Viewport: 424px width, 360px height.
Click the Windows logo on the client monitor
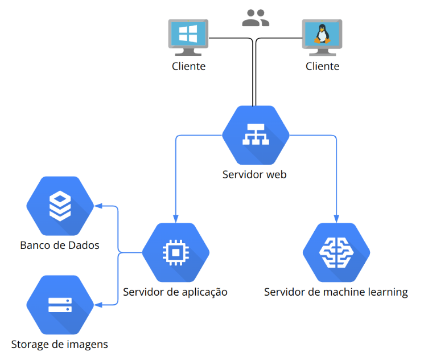tap(188, 34)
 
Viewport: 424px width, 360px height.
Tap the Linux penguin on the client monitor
tap(322, 34)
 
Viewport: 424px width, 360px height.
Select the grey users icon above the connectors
tap(256, 18)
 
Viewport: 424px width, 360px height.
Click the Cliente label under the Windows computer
tap(189, 66)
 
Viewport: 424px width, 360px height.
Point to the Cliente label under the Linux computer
tap(322, 66)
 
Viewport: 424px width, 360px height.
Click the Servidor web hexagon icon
tap(256, 135)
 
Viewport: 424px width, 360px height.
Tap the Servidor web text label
tap(254, 174)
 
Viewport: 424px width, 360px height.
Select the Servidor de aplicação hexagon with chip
tap(176, 252)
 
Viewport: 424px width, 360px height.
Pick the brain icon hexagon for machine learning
tap(336, 252)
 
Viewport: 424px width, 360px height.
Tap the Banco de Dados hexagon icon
tap(60, 206)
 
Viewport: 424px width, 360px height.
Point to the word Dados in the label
tap(84, 246)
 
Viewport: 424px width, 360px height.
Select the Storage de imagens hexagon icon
tap(60, 305)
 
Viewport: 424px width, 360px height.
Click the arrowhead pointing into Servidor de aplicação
tap(176, 219)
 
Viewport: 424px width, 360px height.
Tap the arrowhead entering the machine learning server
tap(336, 219)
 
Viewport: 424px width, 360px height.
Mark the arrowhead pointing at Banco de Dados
tap(98, 206)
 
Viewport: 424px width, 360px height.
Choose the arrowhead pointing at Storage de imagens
tap(98, 305)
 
